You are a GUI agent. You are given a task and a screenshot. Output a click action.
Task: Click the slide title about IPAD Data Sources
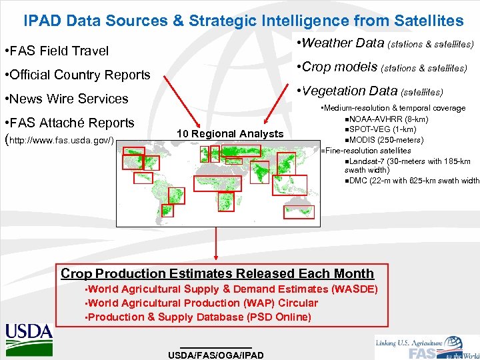(x=243, y=21)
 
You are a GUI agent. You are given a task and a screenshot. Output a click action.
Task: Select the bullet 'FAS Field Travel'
(x=56, y=51)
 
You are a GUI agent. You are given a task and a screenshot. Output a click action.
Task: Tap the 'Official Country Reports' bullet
(x=77, y=75)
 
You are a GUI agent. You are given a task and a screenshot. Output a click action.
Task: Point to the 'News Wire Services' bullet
(x=66, y=99)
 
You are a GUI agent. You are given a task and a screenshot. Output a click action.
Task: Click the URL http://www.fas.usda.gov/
(x=61, y=141)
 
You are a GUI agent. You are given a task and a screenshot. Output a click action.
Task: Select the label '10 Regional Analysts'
(x=230, y=134)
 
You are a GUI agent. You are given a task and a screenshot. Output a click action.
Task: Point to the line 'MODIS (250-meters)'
(x=386, y=139)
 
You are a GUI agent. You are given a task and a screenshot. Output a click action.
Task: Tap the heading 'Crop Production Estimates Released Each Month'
(x=217, y=273)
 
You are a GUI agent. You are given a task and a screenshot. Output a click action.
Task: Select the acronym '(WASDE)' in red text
(x=355, y=289)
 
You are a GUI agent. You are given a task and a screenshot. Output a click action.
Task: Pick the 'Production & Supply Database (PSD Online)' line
(x=199, y=317)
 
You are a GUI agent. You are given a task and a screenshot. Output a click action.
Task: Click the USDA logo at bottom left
(x=29, y=331)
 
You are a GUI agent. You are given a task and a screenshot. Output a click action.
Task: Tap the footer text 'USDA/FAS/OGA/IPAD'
(x=216, y=355)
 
